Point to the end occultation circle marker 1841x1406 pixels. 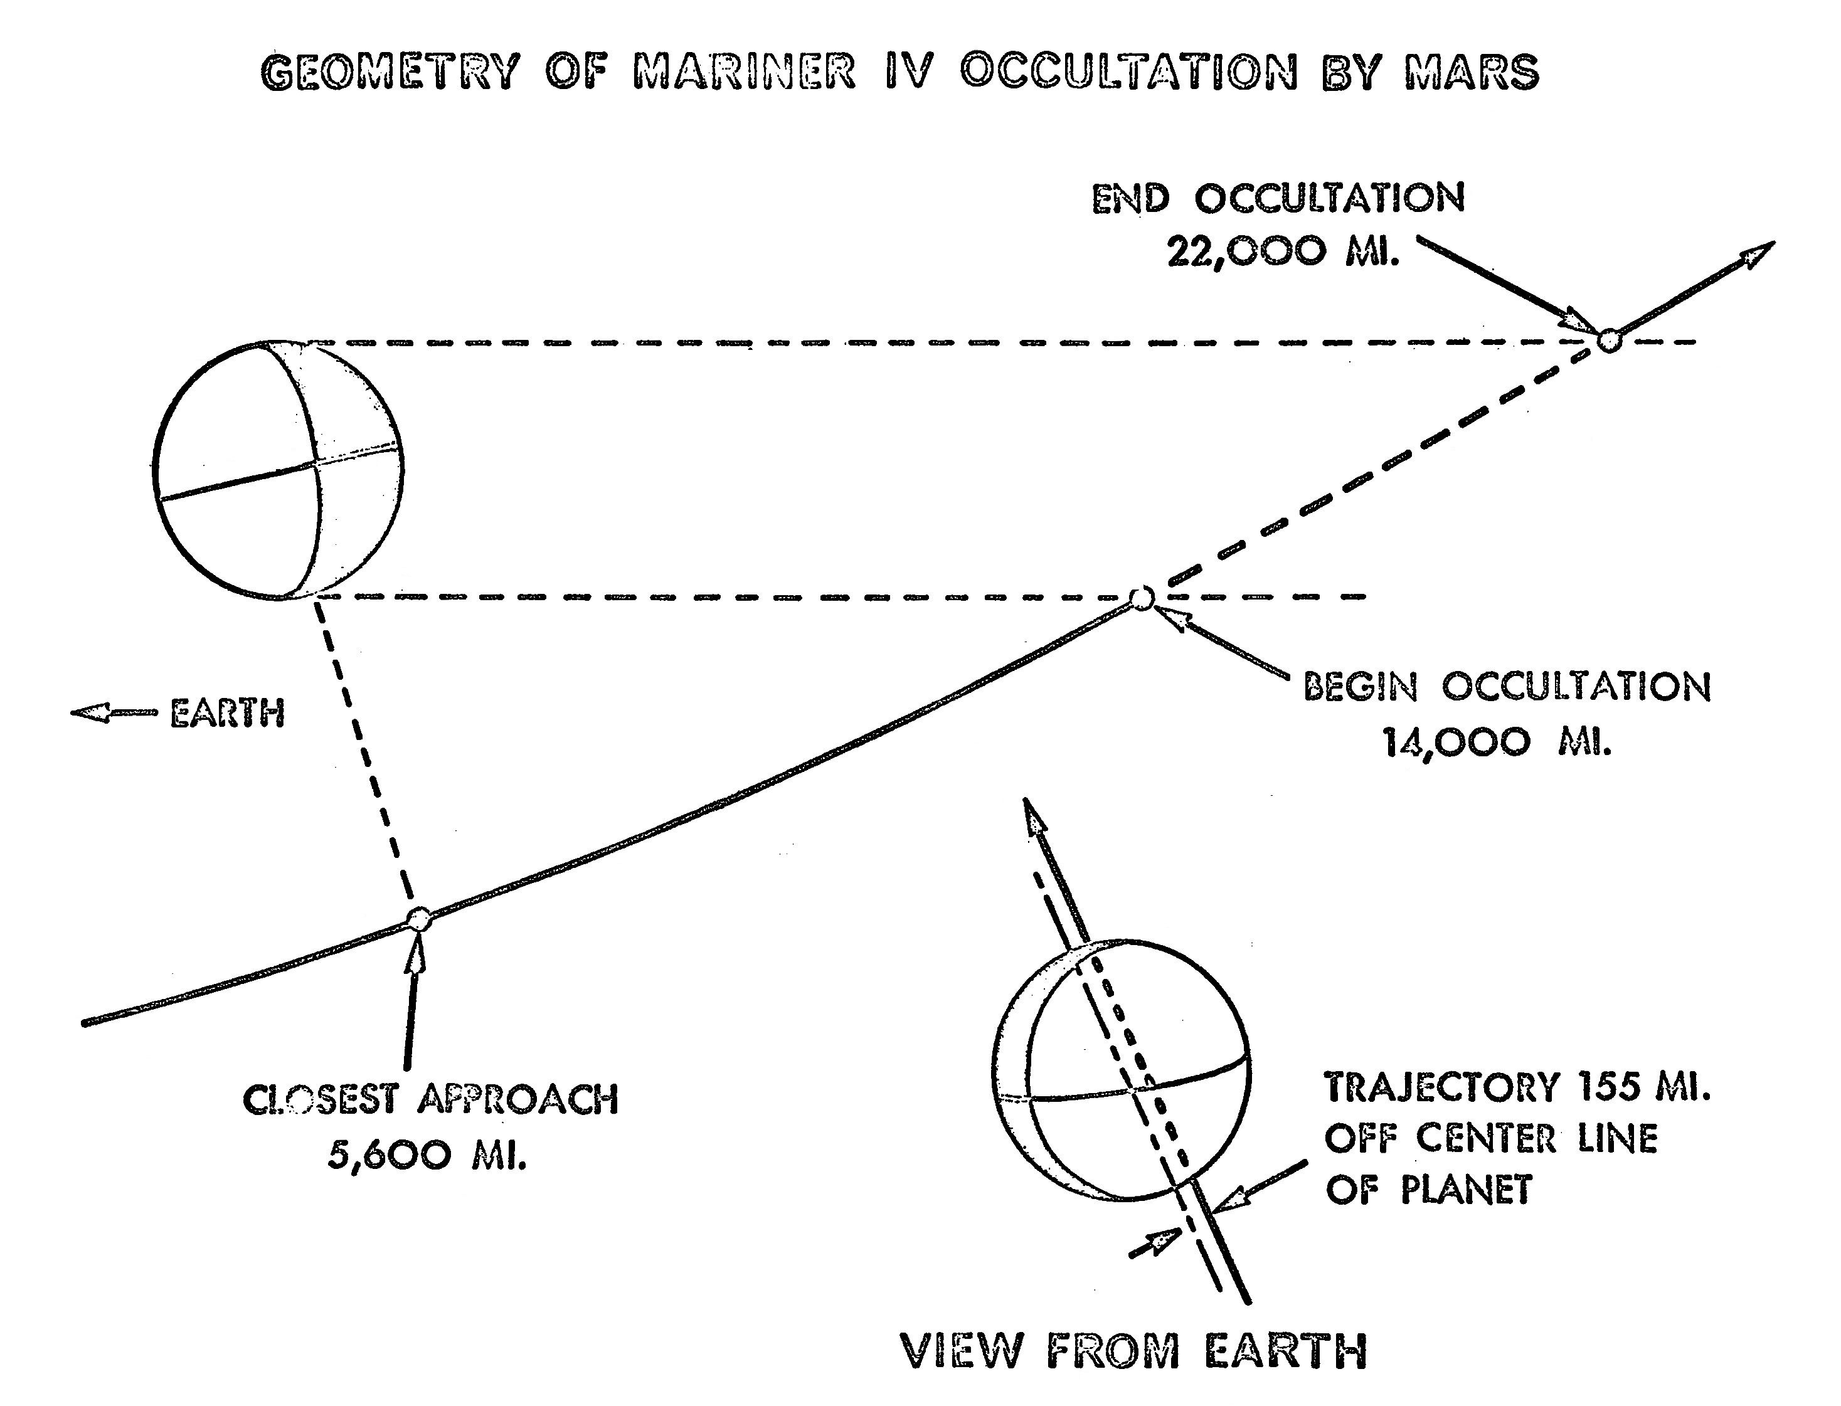[1608, 341]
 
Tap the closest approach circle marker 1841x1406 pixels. [418, 919]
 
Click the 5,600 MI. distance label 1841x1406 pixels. [427, 1156]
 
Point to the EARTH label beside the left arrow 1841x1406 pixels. [227, 714]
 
